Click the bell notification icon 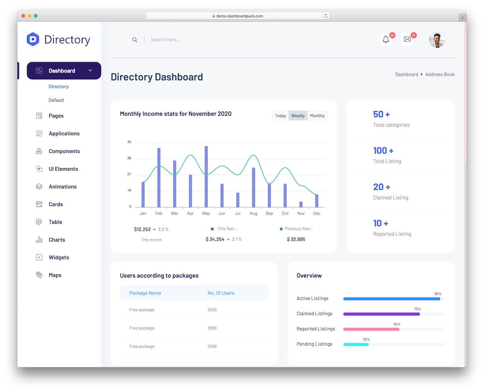(386, 40)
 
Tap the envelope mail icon (407, 40)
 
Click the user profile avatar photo (437, 40)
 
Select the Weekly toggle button (298, 116)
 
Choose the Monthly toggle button (317, 116)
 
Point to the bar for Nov (301, 204)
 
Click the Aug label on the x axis (253, 213)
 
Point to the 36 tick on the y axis (129, 158)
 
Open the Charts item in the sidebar (56, 240)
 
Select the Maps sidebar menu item (55, 275)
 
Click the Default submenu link (56, 100)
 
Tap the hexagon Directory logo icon (33, 40)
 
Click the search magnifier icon (135, 40)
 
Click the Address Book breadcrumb (440, 75)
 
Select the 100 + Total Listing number (383, 151)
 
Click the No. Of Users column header (221, 293)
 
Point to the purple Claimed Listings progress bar (381, 314)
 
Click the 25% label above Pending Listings (366, 340)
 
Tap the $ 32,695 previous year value (296, 240)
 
